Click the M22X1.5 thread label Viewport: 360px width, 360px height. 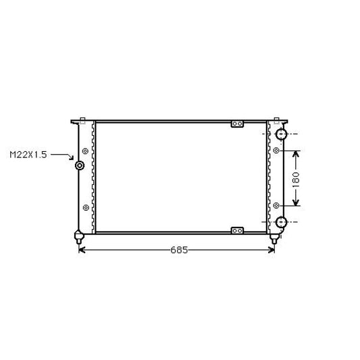[x=28, y=155]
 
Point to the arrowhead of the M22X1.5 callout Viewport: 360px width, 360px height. [x=72, y=158]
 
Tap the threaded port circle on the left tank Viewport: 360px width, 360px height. [x=80, y=165]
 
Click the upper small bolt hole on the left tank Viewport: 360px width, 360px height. [x=85, y=151]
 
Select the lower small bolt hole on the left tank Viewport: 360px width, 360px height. [x=86, y=207]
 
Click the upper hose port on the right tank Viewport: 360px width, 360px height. [x=281, y=134]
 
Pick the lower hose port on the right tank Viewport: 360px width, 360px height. [x=281, y=222]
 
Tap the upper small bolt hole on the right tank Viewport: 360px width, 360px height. [x=276, y=151]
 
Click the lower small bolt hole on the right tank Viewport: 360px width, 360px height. [x=276, y=205]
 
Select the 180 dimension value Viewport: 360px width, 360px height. [x=297, y=179]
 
